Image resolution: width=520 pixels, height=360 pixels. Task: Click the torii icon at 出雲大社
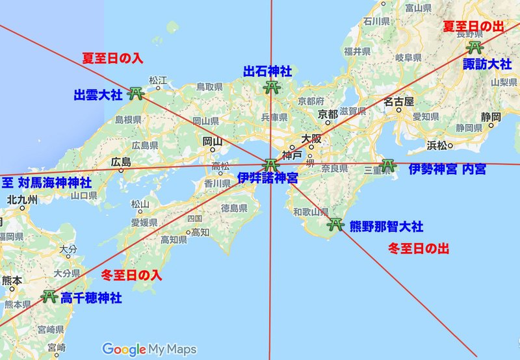coord(136,94)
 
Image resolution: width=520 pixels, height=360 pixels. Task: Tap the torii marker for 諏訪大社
coord(475,47)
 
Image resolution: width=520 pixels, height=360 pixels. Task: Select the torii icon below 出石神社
coord(271,87)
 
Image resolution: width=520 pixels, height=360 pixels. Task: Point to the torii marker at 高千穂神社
coord(49,296)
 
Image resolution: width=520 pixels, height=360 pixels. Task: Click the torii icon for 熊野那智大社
coord(335,225)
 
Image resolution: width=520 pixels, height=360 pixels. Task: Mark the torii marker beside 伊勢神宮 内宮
coord(387,166)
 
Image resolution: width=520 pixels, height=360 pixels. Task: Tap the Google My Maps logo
coord(149,349)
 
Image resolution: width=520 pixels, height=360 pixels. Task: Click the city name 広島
coord(122,161)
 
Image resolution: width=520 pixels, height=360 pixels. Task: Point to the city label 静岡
coord(491,117)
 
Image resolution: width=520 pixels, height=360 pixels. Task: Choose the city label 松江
coord(158,80)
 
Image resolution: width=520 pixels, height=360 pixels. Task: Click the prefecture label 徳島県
coord(233,208)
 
